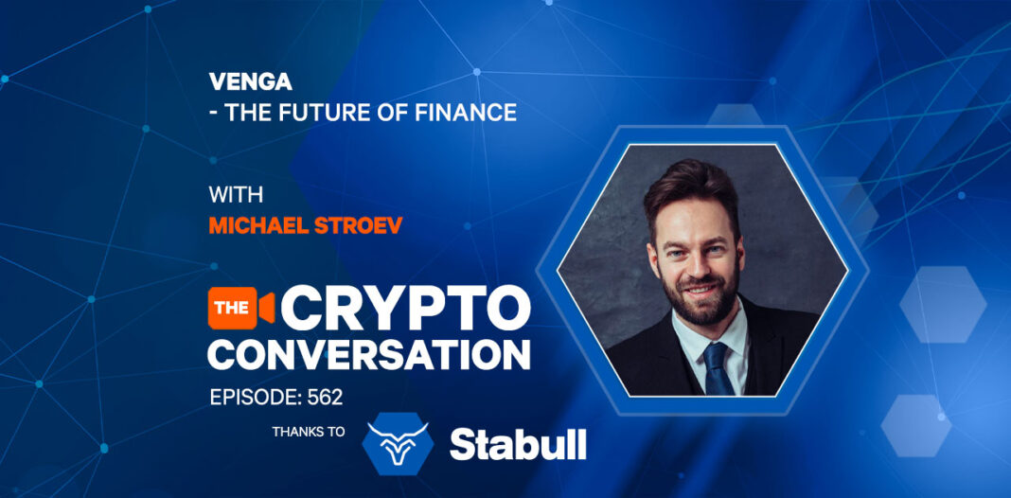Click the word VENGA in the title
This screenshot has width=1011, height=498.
click(x=250, y=82)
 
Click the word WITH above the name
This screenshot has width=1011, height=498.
click(x=236, y=195)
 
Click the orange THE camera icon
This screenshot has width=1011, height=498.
click(x=241, y=308)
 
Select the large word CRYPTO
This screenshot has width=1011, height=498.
click(x=405, y=308)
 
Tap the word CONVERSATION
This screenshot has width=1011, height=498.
click(x=369, y=353)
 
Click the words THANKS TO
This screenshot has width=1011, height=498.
click(x=309, y=432)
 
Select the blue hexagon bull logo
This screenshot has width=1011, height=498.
click(x=398, y=443)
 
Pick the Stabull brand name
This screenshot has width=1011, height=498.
click(x=518, y=444)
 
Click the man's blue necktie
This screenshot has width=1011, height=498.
click(x=717, y=368)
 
